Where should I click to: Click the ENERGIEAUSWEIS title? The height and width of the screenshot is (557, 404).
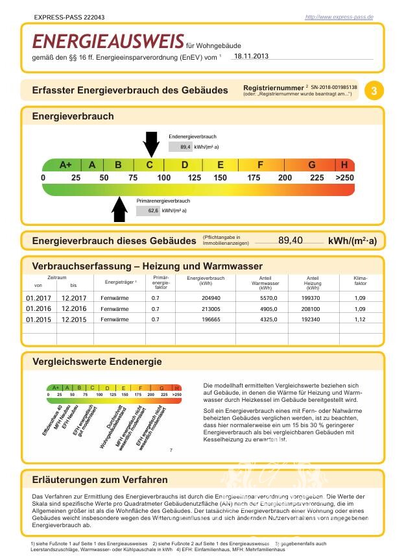[108, 42]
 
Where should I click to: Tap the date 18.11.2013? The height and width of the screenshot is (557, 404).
[251, 56]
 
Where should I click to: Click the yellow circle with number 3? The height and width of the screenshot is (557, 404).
[374, 90]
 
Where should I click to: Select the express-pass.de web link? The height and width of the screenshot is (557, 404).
[339, 17]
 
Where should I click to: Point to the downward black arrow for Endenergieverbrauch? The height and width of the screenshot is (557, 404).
[151, 143]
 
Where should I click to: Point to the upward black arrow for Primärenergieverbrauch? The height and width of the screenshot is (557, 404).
[120, 209]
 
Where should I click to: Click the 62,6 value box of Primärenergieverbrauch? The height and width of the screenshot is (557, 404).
[148, 210]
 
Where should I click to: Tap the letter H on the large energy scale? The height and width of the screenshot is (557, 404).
[344, 165]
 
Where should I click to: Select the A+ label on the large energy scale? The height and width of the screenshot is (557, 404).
[65, 165]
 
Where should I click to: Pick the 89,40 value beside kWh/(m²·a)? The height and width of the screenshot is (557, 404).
[291, 241]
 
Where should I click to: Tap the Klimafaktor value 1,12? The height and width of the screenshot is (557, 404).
[360, 319]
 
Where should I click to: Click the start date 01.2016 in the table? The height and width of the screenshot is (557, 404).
[38, 309]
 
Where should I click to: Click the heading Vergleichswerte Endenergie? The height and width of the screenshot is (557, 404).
[97, 362]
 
